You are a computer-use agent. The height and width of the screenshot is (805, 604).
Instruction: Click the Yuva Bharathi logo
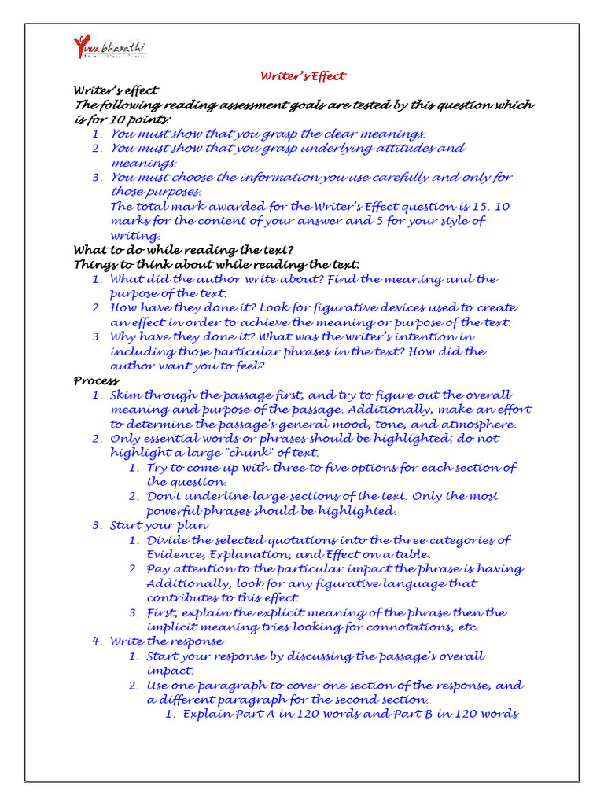click(109, 48)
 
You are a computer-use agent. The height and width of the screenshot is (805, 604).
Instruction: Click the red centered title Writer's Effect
click(303, 76)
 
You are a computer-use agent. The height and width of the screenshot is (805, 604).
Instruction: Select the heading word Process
click(97, 380)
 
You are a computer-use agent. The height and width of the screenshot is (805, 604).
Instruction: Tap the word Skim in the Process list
click(125, 395)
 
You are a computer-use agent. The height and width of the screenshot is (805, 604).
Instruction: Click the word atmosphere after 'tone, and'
click(477, 424)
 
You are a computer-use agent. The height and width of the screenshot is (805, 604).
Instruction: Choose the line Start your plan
click(159, 525)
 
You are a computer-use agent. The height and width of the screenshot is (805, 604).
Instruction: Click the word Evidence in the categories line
click(175, 554)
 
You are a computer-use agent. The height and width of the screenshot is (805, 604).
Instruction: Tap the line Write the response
click(167, 641)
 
